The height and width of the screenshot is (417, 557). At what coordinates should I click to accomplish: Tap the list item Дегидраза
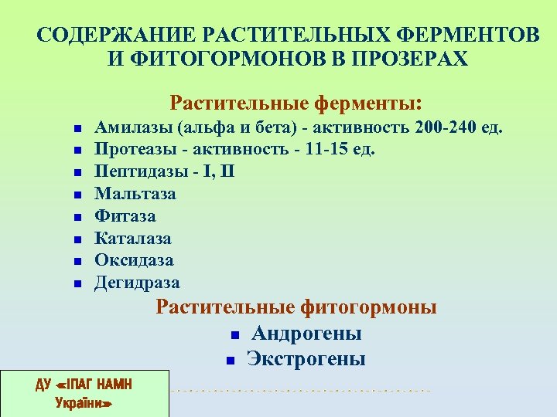coord(137,283)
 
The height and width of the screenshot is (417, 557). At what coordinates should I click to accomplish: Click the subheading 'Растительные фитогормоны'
coord(296,307)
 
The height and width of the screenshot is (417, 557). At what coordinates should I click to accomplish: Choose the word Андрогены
coord(306,334)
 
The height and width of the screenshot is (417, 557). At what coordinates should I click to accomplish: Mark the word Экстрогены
coord(306,359)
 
